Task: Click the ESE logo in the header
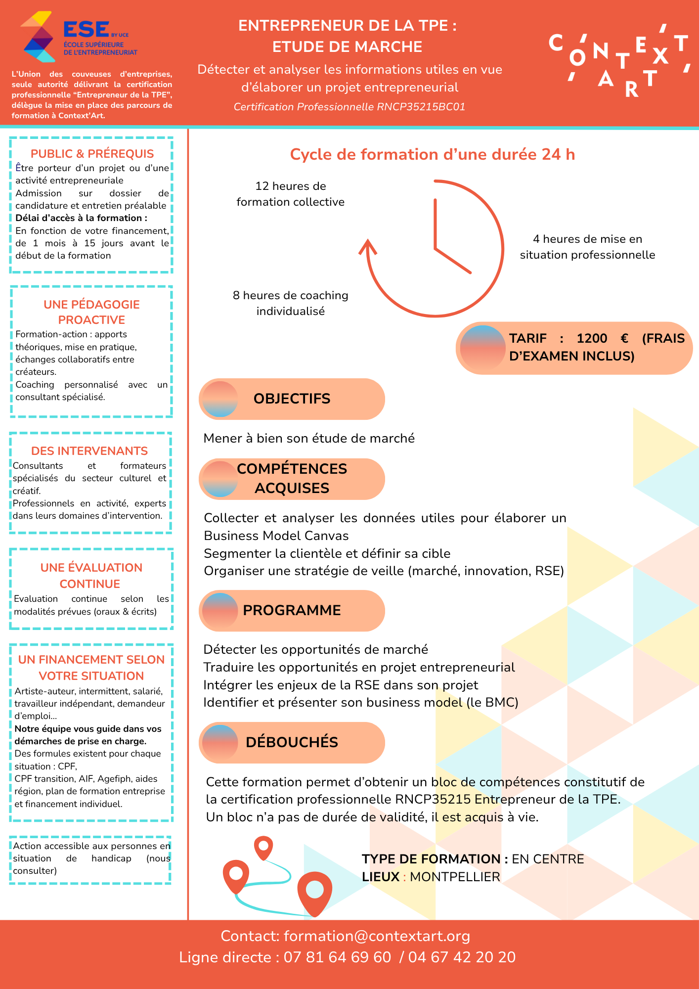pyautogui.click(x=79, y=37)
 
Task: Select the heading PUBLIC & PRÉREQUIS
pyautogui.click(x=92, y=154)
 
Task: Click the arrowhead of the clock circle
pyautogui.click(x=367, y=246)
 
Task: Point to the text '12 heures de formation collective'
pyautogui.click(x=291, y=194)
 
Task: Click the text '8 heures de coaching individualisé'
pyautogui.click(x=291, y=303)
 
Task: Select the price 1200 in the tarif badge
pyautogui.click(x=592, y=339)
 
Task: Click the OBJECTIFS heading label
pyautogui.click(x=292, y=399)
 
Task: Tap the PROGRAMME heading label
pyautogui.click(x=292, y=610)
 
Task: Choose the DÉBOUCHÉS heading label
pyautogui.click(x=292, y=742)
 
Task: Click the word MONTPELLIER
pyautogui.click(x=455, y=877)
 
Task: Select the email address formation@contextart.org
pyautogui.click(x=377, y=936)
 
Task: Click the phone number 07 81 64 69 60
pyautogui.click(x=337, y=957)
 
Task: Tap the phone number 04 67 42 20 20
pyautogui.click(x=462, y=957)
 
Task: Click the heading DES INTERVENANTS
pyautogui.click(x=89, y=451)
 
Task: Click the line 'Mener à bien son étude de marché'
pyautogui.click(x=309, y=438)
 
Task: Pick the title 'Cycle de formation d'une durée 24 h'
pyautogui.click(x=432, y=154)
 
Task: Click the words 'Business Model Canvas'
pyautogui.click(x=276, y=536)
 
